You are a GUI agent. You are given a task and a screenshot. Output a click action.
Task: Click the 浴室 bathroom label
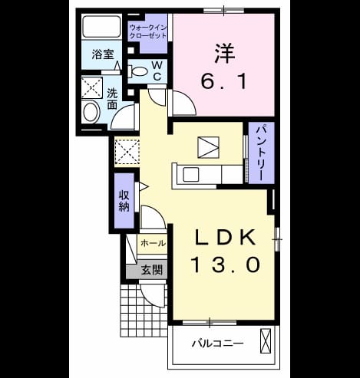click(103, 54)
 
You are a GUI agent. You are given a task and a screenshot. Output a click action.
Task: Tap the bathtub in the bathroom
click(101, 27)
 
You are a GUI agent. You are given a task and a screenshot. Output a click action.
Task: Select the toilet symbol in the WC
click(137, 71)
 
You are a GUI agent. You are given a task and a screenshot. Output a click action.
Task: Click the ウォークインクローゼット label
click(148, 31)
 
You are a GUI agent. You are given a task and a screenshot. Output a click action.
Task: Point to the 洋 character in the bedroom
click(225, 54)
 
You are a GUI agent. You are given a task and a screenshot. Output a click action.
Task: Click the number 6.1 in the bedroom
click(224, 81)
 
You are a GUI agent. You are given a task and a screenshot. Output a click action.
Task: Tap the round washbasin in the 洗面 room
click(91, 112)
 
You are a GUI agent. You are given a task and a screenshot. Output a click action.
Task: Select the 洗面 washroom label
click(112, 99)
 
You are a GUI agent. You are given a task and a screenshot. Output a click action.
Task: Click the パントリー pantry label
click(261, 153)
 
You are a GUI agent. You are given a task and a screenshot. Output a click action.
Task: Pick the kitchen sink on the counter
click(191, 174)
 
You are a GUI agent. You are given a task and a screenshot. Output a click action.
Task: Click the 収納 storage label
click(124, 201)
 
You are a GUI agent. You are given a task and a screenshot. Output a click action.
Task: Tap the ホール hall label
click(153, 243)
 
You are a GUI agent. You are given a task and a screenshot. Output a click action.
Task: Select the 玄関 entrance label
click(152, 270)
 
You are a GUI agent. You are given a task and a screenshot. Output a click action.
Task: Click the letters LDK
click(225, 238)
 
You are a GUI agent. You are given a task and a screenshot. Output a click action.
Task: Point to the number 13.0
click(225, 265)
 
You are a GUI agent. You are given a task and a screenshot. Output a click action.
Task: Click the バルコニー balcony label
click(217, 343)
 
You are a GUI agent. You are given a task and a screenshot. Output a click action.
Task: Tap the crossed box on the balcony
click(266, 341)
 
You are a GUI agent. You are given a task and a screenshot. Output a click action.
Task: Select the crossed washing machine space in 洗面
click(92, 87)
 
